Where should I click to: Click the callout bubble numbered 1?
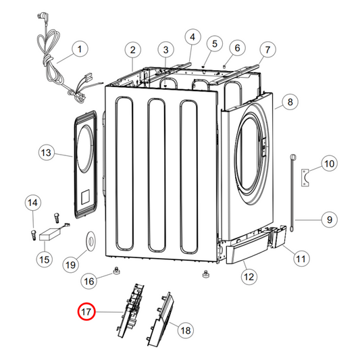[x=79, y=49]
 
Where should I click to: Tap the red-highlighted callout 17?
[x=87, y=312]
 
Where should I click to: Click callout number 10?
[x=328, y=163]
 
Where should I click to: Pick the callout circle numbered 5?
[x=214, y=44]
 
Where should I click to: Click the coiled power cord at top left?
[x=51, y=68]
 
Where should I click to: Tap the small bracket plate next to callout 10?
[x=306, y=177]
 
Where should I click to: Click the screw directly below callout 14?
[x=32, y=233]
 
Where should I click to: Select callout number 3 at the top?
[x=166, y=49]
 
